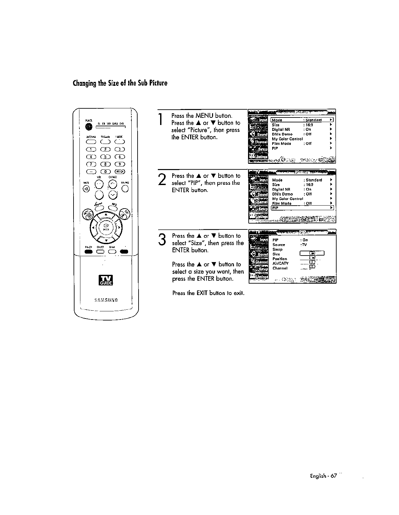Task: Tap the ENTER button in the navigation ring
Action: [106, 226]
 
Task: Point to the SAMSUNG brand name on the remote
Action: [106, 300]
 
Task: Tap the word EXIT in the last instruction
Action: [201, 293]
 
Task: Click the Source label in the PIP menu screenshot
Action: [279, 245]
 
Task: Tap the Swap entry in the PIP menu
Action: [277, 249]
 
